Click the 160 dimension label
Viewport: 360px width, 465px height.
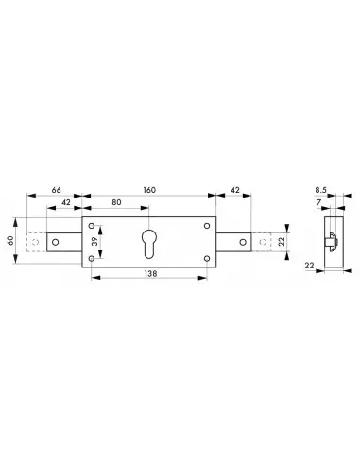[150, 188]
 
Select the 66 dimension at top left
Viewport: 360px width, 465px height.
[56, 188]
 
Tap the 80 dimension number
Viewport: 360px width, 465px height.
[114, 201]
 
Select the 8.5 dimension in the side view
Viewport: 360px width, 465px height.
[323, 189]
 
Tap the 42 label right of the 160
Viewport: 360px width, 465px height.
[233, 188]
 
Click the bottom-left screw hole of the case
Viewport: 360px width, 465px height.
[92, 256]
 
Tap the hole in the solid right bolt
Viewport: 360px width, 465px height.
[244, 241]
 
